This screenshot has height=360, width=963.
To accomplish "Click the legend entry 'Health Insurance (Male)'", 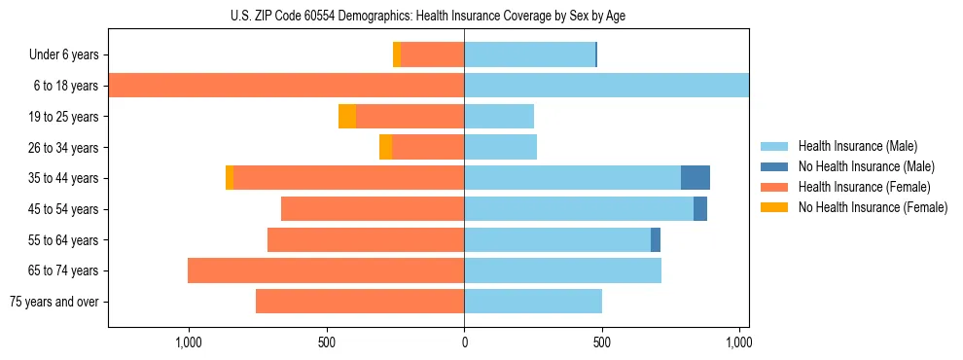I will pyautogui.click(x=857, y=146).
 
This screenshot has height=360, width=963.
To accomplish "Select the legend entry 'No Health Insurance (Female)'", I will pyautogui.click(x=873, y=207).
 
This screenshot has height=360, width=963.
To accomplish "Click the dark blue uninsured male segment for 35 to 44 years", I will pyautogui.click(x=695, y=178).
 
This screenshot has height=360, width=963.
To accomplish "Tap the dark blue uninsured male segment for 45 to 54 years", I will pyautogui.click(x=700, y=209).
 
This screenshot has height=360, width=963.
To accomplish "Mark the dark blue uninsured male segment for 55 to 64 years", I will pyautogui.click(x=656, y=239).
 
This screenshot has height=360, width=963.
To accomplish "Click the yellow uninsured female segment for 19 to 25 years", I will pyautogui.click(x=347, y=117).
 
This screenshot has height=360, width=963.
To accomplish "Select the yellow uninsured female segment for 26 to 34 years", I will pyautogui.click(x=386, y=147).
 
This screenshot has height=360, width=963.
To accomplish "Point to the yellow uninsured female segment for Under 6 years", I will pyautogui.click(x=397, y=55).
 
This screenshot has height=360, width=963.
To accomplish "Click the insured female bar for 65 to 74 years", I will pyautogui.click(x=326, y=270).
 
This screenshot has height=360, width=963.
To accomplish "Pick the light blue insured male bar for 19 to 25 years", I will pyautogui.click(x=499, y=117).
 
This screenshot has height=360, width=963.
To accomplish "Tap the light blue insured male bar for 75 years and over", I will pyautogui.click(x=533, y=302).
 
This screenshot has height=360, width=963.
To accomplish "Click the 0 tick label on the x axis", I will pyautogui.click(x=464, y=342).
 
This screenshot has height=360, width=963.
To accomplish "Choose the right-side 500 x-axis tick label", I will pyautogui.click(x=602, y=342).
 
